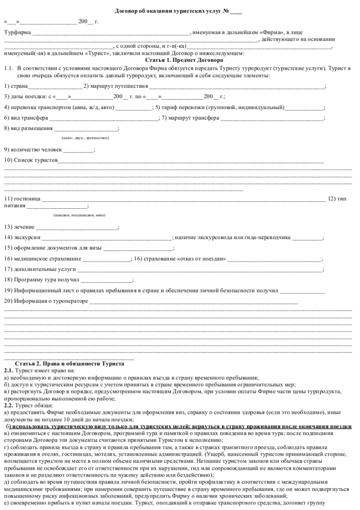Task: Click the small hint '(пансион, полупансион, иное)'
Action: point(79,215)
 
